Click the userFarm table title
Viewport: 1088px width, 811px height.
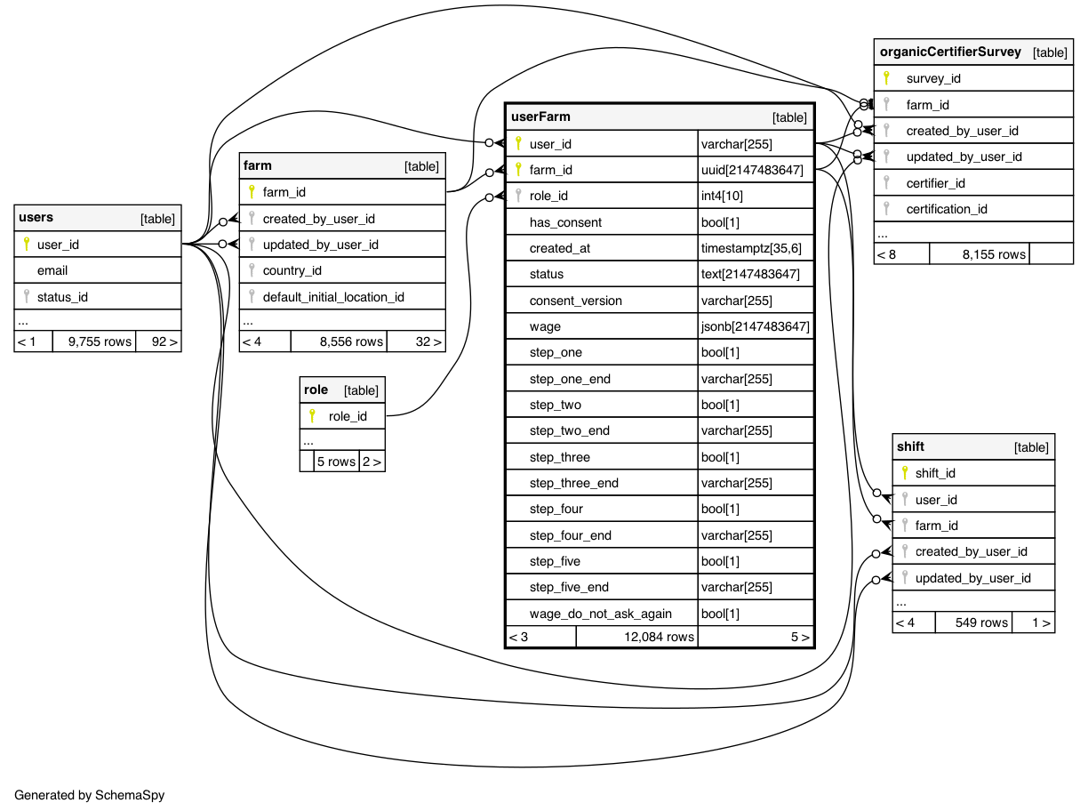pyautogui.click(x=541, y=116)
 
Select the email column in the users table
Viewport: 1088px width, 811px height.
pyautogui.click(x=52, y=270)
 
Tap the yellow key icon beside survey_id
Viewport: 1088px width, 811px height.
pyautogui.click(x=886, y=78)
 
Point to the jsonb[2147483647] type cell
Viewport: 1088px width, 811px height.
pyautogui.click(x=756, y=326)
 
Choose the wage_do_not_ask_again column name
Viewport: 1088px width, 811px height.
pyautogui.click(x=601, y=614)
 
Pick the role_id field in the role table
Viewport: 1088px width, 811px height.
pyautogui.click(x=348, y=415)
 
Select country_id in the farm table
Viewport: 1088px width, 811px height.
pyautogui.click(x=292, y=270)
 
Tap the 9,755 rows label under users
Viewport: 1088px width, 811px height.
pyautogui.click(x=100, y=341)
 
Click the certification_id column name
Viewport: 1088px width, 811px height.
pyautogui.click(x=948, y=209)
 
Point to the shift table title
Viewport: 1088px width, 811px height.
pyautogui.click(x=911, y=446)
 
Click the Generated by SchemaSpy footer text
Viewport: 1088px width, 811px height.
pyautogui.click(x=90, y=795)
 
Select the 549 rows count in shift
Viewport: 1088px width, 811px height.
pyautogui.click(x=981, y=622)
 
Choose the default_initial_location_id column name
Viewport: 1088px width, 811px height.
pyautogui.click(x=333, y=296)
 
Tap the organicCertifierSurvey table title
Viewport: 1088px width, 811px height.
pyautogui.click(x=950, y=52)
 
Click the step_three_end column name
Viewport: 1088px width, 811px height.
pyautogui.click(x=574, y=483)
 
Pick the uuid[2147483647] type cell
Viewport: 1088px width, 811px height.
pyautogui.click(x=752, y=170)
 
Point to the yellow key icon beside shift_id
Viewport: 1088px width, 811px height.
pyautogui.click(x=904, y=473)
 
